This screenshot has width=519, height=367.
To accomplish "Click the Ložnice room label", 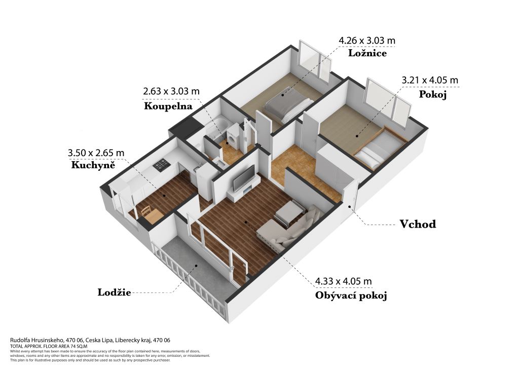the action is [x=367, y=53].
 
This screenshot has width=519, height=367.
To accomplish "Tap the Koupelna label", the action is [x=168, y=106].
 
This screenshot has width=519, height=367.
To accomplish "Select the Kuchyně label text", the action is [x=93, y=164].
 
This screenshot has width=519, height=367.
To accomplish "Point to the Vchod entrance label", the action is [x=418, y=224].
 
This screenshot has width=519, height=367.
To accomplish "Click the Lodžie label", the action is [x=114, y=292].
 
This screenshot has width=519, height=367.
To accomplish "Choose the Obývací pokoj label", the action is [x=351, y=296].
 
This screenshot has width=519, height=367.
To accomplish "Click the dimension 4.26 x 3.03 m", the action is [x=367, y=41].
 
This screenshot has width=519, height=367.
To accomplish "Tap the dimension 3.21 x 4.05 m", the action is [x=430, y=80].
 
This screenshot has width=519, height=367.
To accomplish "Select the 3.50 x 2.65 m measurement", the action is [x=96, y=153].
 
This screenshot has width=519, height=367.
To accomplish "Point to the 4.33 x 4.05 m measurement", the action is [x=343, y=281].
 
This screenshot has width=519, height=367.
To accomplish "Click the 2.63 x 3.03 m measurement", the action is [x=171, y=91].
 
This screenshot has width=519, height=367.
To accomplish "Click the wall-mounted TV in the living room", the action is [x=244, y=178].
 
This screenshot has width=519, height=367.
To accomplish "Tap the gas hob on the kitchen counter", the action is [x=162, y=164].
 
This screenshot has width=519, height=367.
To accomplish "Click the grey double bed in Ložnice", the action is [x=288, y=104].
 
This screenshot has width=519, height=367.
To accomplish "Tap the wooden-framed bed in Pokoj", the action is [x=380, y=148].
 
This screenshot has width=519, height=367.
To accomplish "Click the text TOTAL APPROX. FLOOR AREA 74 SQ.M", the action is [x=49, y=346].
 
